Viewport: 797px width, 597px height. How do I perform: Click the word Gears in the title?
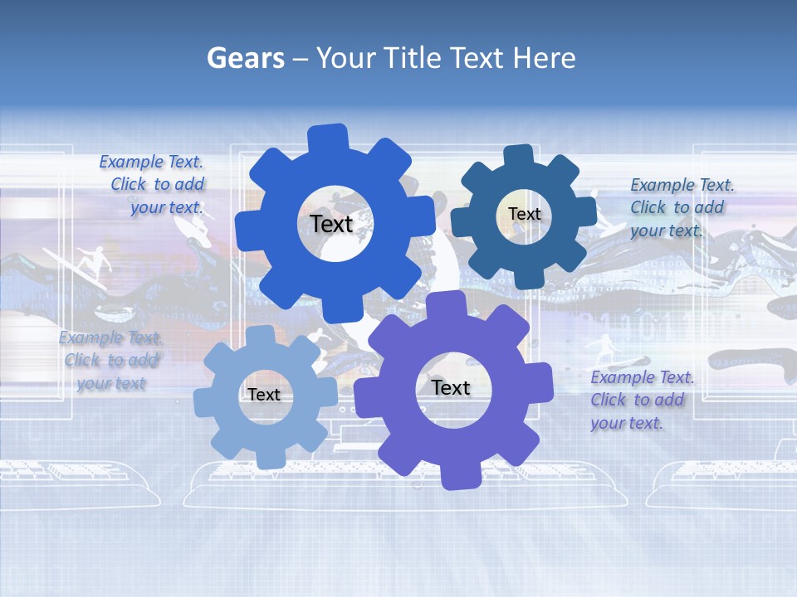point(245,58)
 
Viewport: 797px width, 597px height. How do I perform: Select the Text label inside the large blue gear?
point(331,224)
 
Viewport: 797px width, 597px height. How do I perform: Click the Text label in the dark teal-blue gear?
point(524,214)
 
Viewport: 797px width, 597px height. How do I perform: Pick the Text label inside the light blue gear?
point(263,395)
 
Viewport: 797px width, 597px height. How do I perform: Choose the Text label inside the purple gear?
point(450,387)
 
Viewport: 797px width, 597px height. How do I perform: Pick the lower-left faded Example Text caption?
point(110,361)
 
